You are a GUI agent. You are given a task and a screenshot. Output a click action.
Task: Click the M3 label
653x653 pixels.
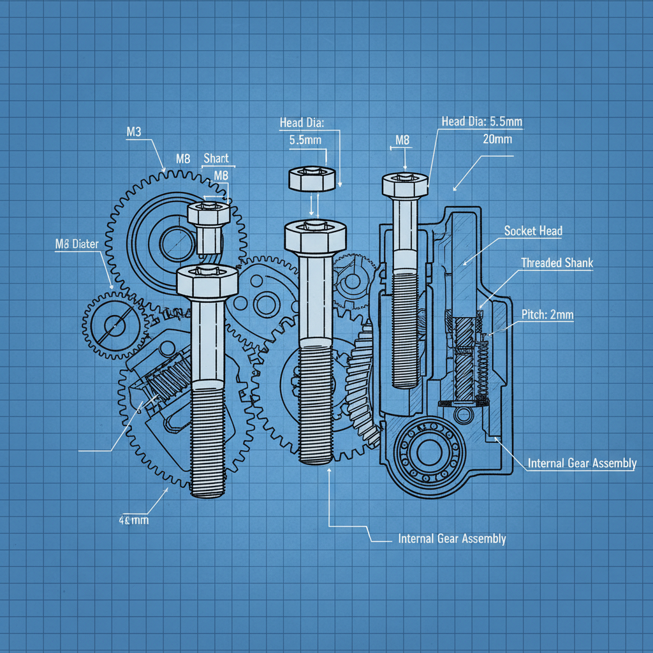click(133, 132)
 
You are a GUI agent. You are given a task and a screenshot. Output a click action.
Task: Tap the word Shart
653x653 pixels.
click(216, 158)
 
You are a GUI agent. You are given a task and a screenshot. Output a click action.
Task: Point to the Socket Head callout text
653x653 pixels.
click(533, 231)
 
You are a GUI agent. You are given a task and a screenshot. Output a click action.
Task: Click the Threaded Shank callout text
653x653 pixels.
click(556, 263)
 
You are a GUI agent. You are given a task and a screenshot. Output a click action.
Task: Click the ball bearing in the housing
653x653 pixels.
click(422, 455)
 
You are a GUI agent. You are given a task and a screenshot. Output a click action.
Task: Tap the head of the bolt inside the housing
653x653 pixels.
click(404, 185)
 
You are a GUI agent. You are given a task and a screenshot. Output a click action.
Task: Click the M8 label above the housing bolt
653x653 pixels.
click(402, 140)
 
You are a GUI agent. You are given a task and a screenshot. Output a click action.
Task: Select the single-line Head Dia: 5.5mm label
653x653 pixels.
click(482, 122)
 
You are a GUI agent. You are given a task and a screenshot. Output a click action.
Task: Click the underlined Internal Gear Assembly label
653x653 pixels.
click(582, 464)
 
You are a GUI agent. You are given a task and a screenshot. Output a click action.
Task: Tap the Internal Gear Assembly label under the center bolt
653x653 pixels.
click(451, 539)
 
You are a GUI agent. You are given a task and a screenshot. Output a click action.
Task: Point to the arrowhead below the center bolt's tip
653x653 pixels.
click(328, 471)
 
